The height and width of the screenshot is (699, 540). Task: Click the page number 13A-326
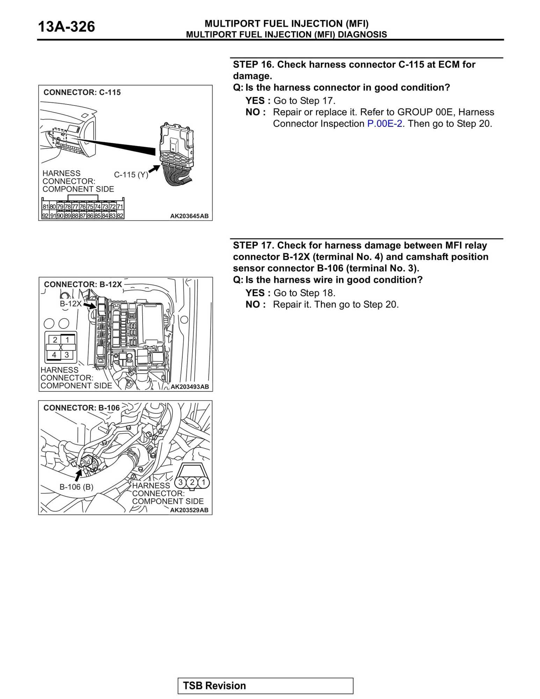coord(66,27)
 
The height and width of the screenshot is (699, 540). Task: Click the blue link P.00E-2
coord(384,124)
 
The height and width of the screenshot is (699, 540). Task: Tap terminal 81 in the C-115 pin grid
coord(45,207)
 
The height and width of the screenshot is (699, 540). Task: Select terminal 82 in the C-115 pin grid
coord(120,216)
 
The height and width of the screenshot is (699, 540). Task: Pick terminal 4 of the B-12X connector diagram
coord(54,355)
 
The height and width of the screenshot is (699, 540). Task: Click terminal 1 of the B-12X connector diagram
coord(67,340)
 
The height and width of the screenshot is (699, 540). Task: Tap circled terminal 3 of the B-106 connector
coord(181,483)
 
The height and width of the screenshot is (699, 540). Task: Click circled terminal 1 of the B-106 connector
coord(203,483)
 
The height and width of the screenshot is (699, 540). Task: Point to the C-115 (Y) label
coord(131,175)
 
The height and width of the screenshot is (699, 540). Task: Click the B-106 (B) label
coord(76,487)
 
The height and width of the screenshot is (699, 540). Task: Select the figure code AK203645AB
coord(189,216)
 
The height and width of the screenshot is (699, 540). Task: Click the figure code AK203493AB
coord(189,387)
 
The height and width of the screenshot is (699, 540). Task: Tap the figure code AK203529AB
coord(189,510)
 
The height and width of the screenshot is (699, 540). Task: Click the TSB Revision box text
coord(214,686)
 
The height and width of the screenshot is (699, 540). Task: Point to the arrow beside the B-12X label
coord(90,306)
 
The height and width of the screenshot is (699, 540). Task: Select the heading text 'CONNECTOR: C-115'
coord(82,93)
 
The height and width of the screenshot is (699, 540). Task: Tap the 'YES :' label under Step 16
coord(258,101)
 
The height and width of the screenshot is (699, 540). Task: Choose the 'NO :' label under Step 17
coord(255,305)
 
